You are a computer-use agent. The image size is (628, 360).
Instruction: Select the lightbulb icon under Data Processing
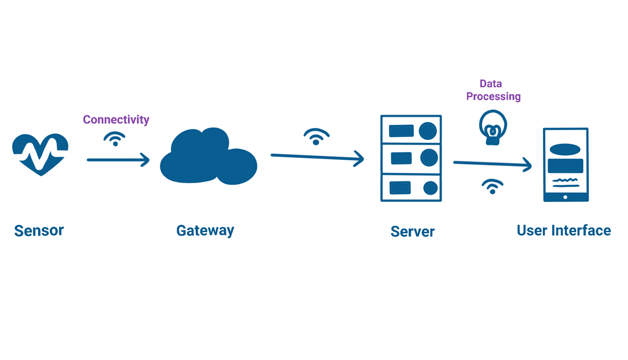493,127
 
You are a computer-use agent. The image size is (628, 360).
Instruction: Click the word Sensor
39,231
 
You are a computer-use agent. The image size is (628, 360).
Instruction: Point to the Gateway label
205,231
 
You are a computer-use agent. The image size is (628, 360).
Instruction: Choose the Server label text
412,232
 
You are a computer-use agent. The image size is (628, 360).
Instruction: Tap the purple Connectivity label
116,120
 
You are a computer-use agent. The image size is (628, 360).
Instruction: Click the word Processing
493,97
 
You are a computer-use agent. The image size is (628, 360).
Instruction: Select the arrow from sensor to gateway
118,160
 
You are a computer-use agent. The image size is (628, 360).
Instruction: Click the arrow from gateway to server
317,157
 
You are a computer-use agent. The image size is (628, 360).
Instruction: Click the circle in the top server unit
427,131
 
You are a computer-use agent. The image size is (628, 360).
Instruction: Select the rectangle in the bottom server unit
400,188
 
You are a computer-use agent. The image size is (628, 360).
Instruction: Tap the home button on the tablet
565,197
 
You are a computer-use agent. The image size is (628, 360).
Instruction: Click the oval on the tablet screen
565,149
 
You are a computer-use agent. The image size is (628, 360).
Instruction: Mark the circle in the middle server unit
429,158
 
